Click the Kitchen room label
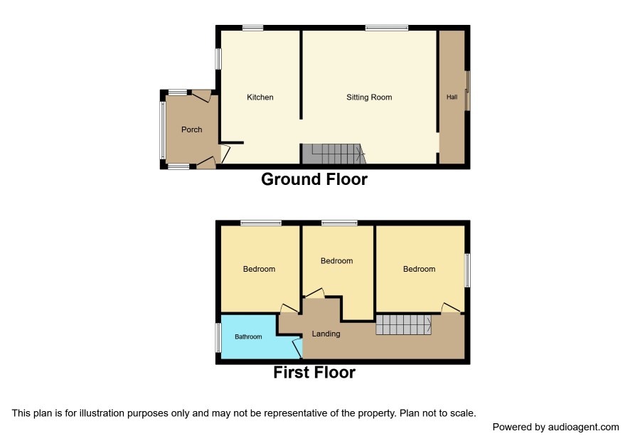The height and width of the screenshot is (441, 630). (x=260, y=97)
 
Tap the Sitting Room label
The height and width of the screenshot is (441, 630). (x=369, y=97)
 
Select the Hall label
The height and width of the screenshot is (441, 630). (x=452, y=97)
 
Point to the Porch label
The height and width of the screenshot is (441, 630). (x=192, y=129)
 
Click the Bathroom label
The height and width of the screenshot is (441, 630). (x=248, y=337)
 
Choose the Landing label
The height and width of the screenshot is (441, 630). (x=326, y=334)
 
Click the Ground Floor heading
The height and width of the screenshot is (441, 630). (x=314, y=179)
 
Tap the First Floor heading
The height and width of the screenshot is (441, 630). (x=314, y=372)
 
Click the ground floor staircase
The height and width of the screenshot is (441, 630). (x=333, y=154)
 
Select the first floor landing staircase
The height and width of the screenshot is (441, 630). (x=404, y=325)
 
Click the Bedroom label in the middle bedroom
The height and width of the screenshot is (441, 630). (x=337, y=261)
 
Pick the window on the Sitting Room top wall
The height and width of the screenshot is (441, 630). (x=387, y=28)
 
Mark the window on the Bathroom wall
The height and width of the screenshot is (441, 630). (x=218, y=338)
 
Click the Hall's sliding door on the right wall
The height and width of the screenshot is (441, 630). (x=467, y=90)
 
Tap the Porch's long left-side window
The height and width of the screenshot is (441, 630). (x=162, y=130)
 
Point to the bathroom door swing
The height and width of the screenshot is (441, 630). (x=298, y=348)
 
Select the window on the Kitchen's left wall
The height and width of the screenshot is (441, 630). (x=218, y=59)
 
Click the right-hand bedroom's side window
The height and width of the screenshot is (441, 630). (x=467, y=270)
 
